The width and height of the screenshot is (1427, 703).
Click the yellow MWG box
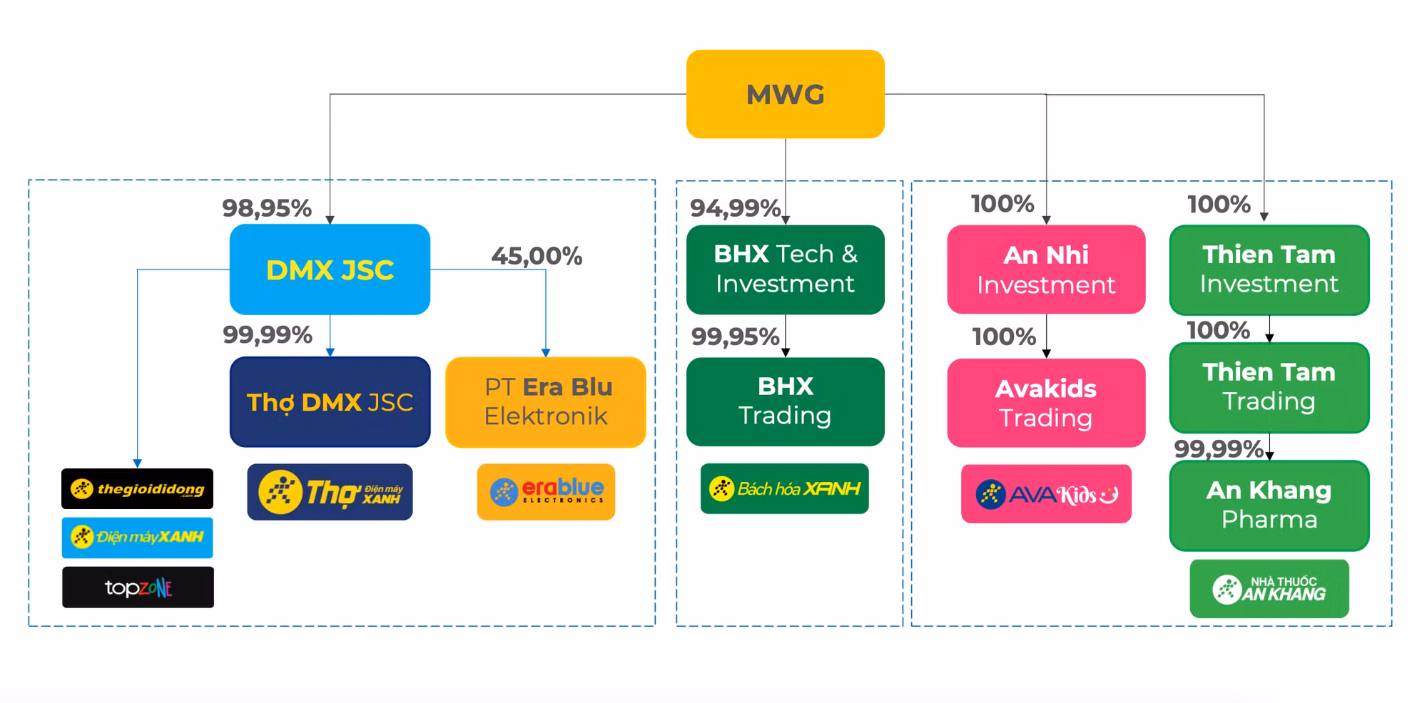click(x=785, y=94)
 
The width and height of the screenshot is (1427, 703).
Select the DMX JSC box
click(x=330, y=270)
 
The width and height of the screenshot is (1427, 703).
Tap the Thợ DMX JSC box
click(x=330, y=402)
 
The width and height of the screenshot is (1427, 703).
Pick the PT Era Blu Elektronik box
click(x=546, y=402)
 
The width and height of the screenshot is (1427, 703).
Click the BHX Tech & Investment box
click(x=785, y=270)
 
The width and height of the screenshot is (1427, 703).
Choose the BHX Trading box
click(x=785, y=401)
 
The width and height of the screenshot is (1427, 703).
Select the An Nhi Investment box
click(x=1046, y=270)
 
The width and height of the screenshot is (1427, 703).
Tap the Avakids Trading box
click(x=1046, y=403)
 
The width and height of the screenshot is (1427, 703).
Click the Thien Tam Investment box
click(x=1269, y=270)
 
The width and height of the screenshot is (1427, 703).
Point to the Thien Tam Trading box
click(x=1269, y=387)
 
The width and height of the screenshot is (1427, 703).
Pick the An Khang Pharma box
click(x=1269, y=505)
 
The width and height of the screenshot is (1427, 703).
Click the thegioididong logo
click(x=137, y=489)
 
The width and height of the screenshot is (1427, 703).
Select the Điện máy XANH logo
click(x=137, y=537)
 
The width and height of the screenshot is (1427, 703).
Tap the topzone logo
click(x=138, y=587)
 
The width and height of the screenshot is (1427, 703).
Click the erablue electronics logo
click(x=546, y=491)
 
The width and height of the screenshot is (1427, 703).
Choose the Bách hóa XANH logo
click(x=784, y=489)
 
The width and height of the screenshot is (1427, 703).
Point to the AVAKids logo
click(x=1046, y=494)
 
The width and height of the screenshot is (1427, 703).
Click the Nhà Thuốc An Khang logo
click(x=1269, y=589)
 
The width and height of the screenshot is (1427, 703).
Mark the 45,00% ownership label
click(x=537, y=256)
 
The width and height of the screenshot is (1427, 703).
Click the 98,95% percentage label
click(x=267, y=208)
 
